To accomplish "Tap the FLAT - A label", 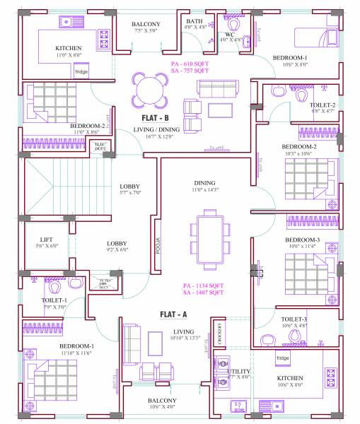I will (173, 314).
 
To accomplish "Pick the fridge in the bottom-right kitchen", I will (283, 358).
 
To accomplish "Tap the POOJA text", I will (158, 245).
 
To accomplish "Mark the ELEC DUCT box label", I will (100, 146).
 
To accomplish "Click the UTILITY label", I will (238, 373).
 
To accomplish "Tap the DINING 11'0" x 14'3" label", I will (204, 185).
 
